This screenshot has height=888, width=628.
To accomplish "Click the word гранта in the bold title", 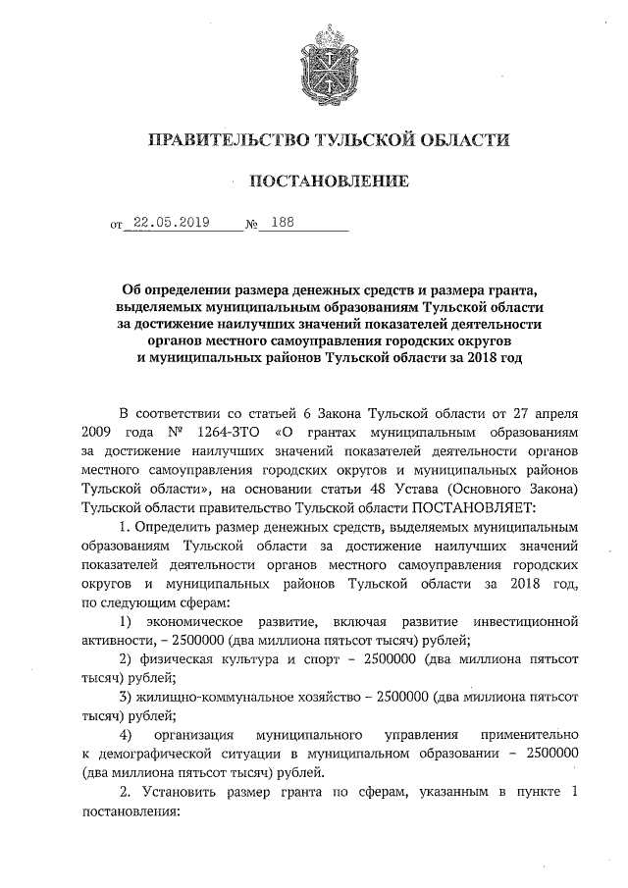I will pos(504,288).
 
